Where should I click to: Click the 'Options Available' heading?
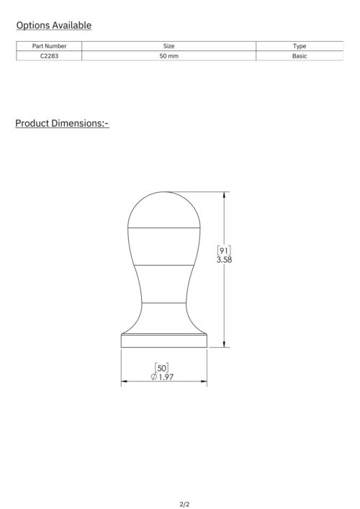pos(54,25)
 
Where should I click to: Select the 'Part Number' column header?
pos(49,46)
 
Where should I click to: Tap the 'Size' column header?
pos(168,46)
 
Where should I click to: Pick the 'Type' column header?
pos(300,46)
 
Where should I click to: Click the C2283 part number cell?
pos(49,56)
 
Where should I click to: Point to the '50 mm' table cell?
pos(168,56)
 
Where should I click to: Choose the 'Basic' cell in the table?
pos(300,56)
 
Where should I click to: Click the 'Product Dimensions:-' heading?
pos(62,123)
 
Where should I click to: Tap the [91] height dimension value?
pos(224,251)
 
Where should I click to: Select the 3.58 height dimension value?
pos(224,260)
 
